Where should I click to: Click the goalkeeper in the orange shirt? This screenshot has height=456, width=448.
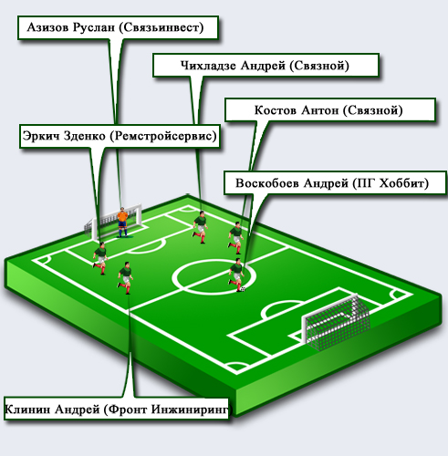click(x=122, y=223)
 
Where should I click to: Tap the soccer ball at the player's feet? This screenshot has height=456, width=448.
click(x=243, y=289)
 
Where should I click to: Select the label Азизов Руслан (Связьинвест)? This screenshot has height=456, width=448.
click(x=115, y=27)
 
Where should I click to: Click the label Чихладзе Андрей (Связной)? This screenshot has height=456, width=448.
click(x=265, y=66)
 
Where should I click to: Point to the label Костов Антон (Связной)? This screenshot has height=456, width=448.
click(x=328, y=110)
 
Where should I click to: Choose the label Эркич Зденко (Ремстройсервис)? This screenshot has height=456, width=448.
click(x=120, y=136)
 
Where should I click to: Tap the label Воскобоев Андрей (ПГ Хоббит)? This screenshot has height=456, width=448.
click(x=332, y=183)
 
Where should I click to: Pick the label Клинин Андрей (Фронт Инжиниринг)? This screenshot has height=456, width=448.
click(x=117, y=409)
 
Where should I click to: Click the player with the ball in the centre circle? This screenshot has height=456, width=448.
click(x=236, y=275)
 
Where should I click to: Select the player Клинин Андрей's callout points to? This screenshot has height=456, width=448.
click(x=125, y=277)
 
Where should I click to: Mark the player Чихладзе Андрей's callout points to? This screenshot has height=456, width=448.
click(x=201, y=227)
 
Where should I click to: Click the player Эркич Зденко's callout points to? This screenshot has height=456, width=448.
click(x=100, y=258)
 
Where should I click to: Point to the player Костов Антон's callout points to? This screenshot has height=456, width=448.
click(x=236, y=238)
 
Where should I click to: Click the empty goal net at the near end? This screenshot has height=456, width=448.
click(x=336, y=322)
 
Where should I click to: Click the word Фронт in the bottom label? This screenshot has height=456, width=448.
click(x=128, y=409)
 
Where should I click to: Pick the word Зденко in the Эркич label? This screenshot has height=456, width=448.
click(x=84, y=136)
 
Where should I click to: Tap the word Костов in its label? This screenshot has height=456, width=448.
click(x=276, y=110)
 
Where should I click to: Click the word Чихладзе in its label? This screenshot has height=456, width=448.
click(x=208, y=66)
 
